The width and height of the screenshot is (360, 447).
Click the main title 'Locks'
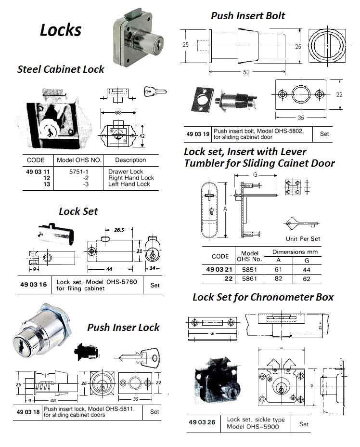tap(60, 30)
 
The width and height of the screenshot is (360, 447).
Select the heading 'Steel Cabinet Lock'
tap(61, 69)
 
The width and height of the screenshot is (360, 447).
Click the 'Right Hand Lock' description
tap(131, 178)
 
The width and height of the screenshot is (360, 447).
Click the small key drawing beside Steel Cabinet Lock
tap(154, 91)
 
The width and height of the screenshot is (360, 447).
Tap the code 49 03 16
tap(34, 285)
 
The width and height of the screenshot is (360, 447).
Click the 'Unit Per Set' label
tap(303, 238)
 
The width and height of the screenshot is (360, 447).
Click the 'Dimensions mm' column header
tap(295, 252)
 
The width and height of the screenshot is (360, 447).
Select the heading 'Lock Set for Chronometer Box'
tap(263, 297)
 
